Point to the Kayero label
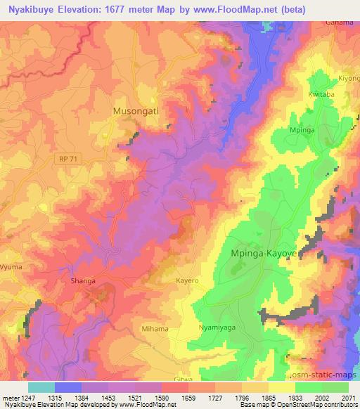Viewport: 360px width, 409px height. coord(188,280)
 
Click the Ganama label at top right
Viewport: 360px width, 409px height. coord(339,22)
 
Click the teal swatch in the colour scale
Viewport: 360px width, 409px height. coord(41,387)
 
